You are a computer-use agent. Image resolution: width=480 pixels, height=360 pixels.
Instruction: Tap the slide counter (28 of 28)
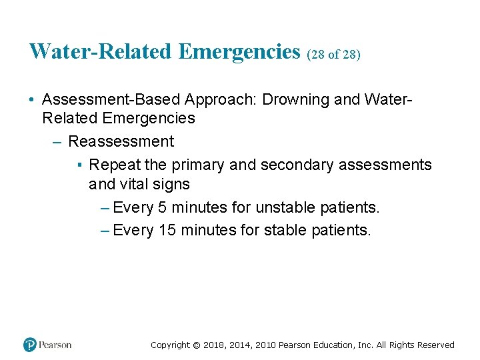(x=333, y=54)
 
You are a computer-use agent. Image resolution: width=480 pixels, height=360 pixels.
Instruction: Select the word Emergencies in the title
(x=240, y=51)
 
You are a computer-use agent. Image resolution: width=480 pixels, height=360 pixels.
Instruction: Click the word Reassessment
(x=121, y=141)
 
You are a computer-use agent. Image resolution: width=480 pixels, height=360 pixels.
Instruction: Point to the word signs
(x=174, y=184)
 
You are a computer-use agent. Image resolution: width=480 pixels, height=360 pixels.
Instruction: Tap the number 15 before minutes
(x=166, y=231)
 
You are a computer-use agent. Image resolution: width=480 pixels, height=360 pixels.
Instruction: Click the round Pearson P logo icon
(x=30, y=345)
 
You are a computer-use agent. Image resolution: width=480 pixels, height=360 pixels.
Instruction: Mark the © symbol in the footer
(x=195, y=345)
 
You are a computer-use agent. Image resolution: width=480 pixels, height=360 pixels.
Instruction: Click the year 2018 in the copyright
(x=213, y=345)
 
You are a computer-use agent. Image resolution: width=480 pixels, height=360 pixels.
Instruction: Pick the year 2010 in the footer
(x=265, y=345)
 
